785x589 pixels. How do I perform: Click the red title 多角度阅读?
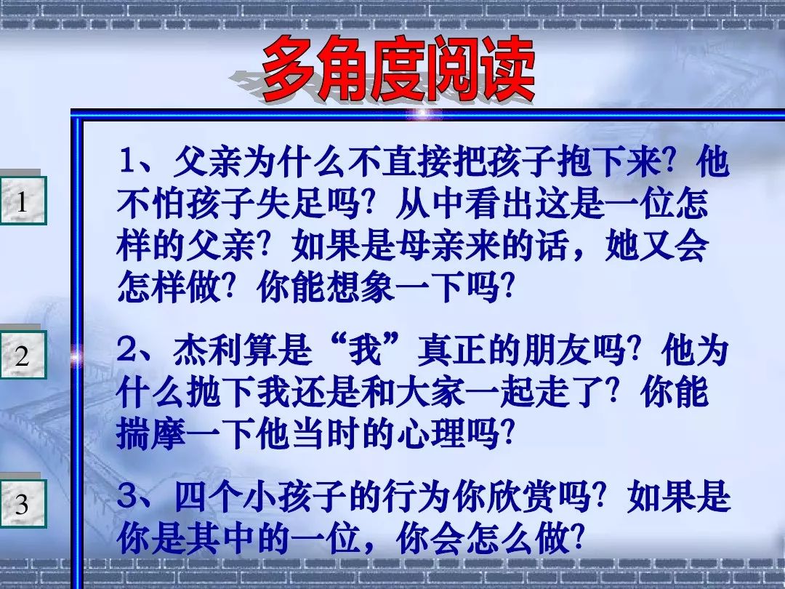[398, 69]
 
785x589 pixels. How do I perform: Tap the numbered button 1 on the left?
[22, 201]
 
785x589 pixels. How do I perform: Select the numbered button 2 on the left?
[22, 355]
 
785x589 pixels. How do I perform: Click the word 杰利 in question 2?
[209, 350]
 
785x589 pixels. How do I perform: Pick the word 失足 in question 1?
[290, 204]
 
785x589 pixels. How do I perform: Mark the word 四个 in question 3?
[209, 497]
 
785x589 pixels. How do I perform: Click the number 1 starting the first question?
[127, 161]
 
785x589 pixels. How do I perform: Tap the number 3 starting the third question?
[127, 497]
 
